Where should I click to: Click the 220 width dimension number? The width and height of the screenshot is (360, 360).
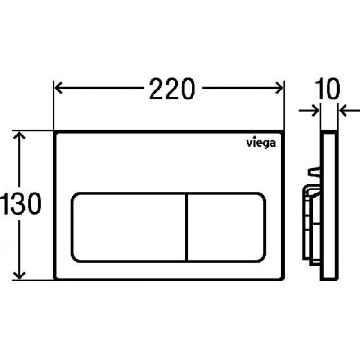tap(172, 89)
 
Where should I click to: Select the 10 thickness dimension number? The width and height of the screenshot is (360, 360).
tap(328, 89)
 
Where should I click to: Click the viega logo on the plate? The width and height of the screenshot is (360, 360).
tap(261, 143)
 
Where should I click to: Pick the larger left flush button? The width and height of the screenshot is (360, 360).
tap(129, 227)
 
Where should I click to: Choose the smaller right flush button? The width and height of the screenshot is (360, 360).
tap(227, 227)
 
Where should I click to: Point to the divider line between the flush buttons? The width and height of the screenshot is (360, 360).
tap(187, 227)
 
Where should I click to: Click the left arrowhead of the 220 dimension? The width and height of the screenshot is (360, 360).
tap(58, 88)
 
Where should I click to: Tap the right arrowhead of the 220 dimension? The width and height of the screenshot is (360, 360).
tap(279, 88)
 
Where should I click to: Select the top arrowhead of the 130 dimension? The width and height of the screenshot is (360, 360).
tap(19, 135)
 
